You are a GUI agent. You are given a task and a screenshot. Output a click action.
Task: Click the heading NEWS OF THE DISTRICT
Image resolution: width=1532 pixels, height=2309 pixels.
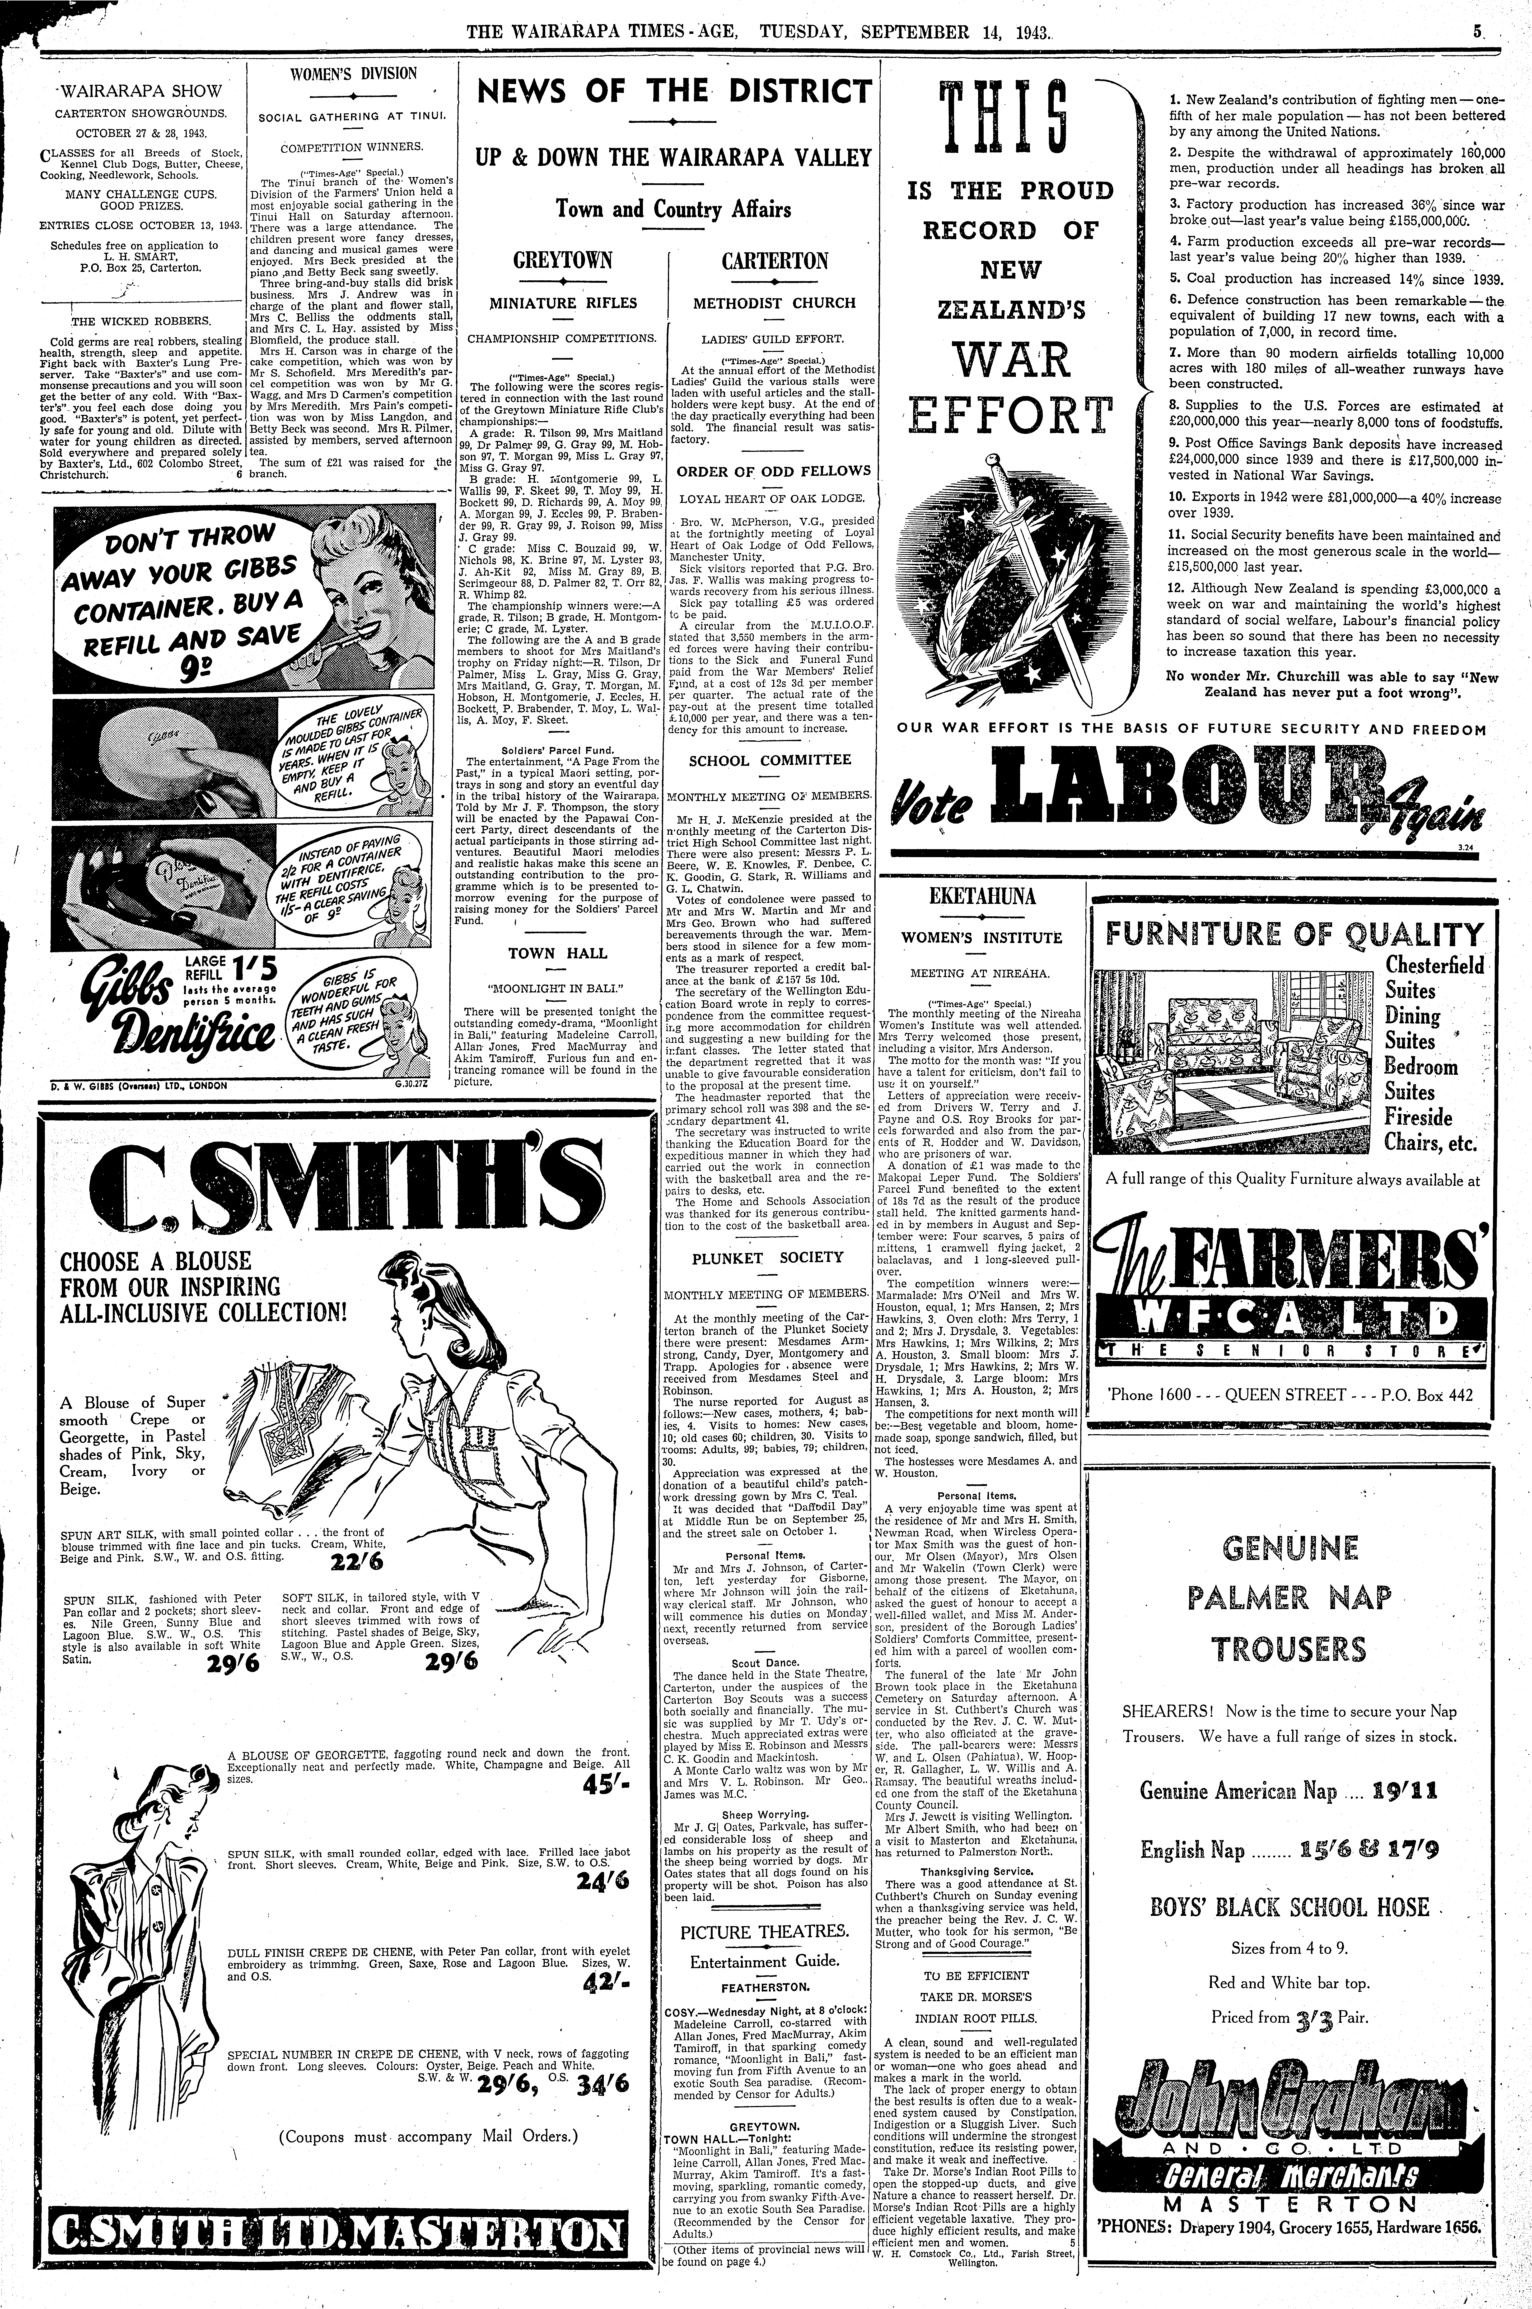click(x=673, y=93)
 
